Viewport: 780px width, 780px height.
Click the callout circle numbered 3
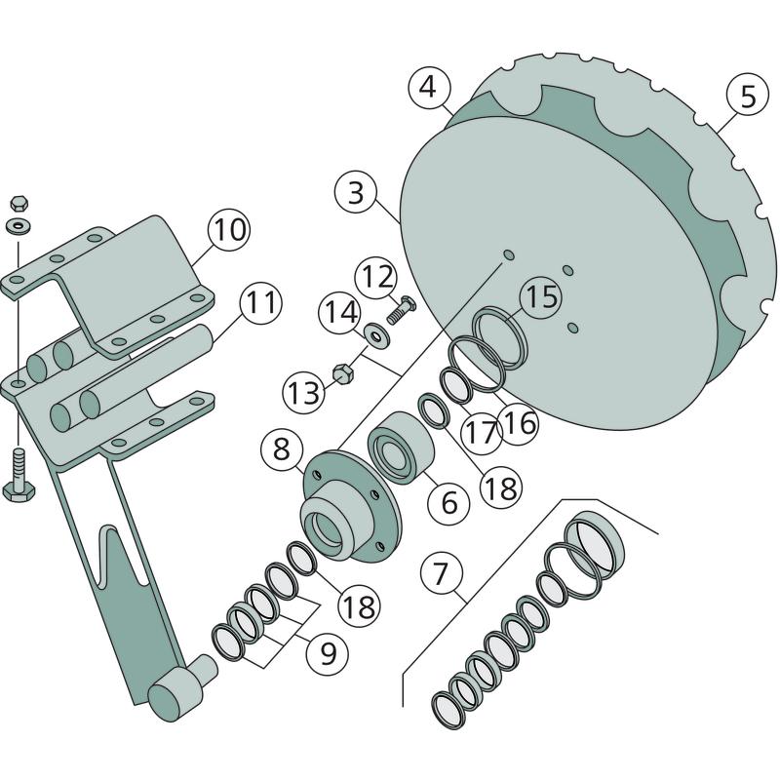tap(356, 192)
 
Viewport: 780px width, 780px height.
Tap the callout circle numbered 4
tap(429, 88)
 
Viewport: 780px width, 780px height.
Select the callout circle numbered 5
tap(748, 95)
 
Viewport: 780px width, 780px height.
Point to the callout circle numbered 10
tap(229, 229)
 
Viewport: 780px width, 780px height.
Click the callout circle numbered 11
tap(261, 302)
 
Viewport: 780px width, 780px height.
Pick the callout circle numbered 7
tap(442, 573)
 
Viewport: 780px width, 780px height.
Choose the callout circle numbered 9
tap(328, 652)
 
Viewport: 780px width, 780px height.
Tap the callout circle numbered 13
tap(303, 393)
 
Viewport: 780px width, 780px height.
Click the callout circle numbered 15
tap(541, 297)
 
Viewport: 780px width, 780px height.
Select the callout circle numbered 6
tap(449, 501)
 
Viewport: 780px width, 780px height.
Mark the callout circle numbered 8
tap(282, 449)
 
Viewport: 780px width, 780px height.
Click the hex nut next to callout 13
tap(342, 374)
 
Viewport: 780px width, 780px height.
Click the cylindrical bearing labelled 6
tap(401, 448)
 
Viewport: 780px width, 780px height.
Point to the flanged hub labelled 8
tap(352, 506)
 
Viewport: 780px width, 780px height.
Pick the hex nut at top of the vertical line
tap(19, 203)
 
